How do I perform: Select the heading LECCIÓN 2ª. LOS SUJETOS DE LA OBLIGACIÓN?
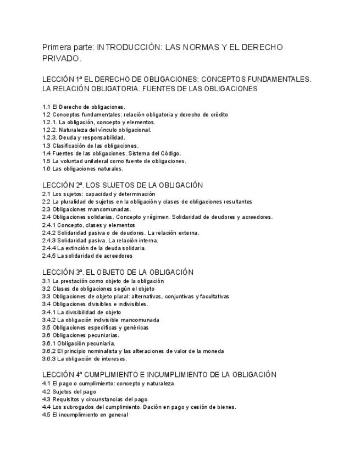point(123,185)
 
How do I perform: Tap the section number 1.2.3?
point(49,138)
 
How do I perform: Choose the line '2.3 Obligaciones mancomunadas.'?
point(87,209)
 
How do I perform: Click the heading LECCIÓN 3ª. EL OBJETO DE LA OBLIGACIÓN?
point(118,272)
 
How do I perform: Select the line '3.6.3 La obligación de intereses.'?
point(85,359)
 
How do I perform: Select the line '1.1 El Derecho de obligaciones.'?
point(84,107)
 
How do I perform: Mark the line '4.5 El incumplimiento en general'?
point(85,415)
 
